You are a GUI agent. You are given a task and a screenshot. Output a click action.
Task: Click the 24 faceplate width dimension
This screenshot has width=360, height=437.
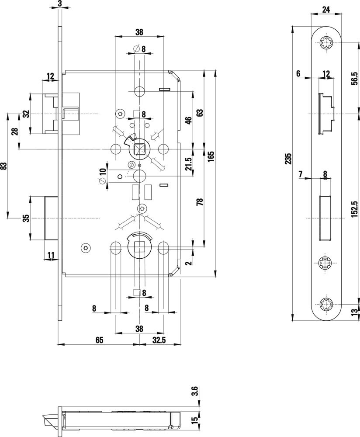pos(325,8)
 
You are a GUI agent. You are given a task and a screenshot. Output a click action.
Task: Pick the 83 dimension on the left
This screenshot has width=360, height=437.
pos(4,166)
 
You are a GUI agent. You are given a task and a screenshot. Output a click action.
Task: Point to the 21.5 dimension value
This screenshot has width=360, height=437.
pos(188,163)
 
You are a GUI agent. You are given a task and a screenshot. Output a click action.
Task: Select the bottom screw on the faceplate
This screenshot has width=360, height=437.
pos(325,304)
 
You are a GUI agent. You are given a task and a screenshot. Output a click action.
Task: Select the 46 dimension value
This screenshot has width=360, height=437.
pos(188,121)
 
